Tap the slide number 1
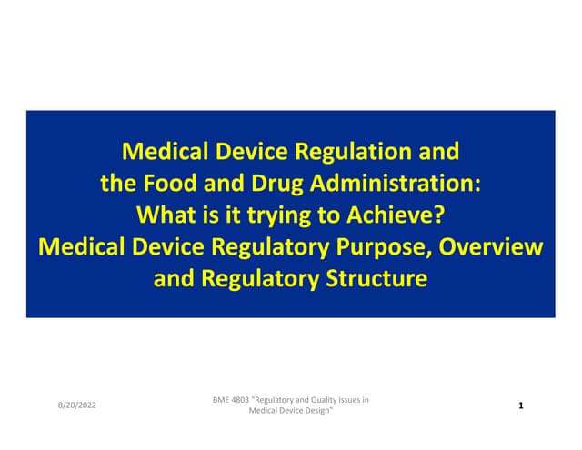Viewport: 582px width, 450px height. pyautogui.click(x=519, y=405)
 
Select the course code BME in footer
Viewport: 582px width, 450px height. pyautogui.click(x=219, y=400)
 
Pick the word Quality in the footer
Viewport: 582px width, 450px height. pyautogui.click(x=330, y=400)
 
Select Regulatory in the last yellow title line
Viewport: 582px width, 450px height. pyautogui.click(x=249, y=279)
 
